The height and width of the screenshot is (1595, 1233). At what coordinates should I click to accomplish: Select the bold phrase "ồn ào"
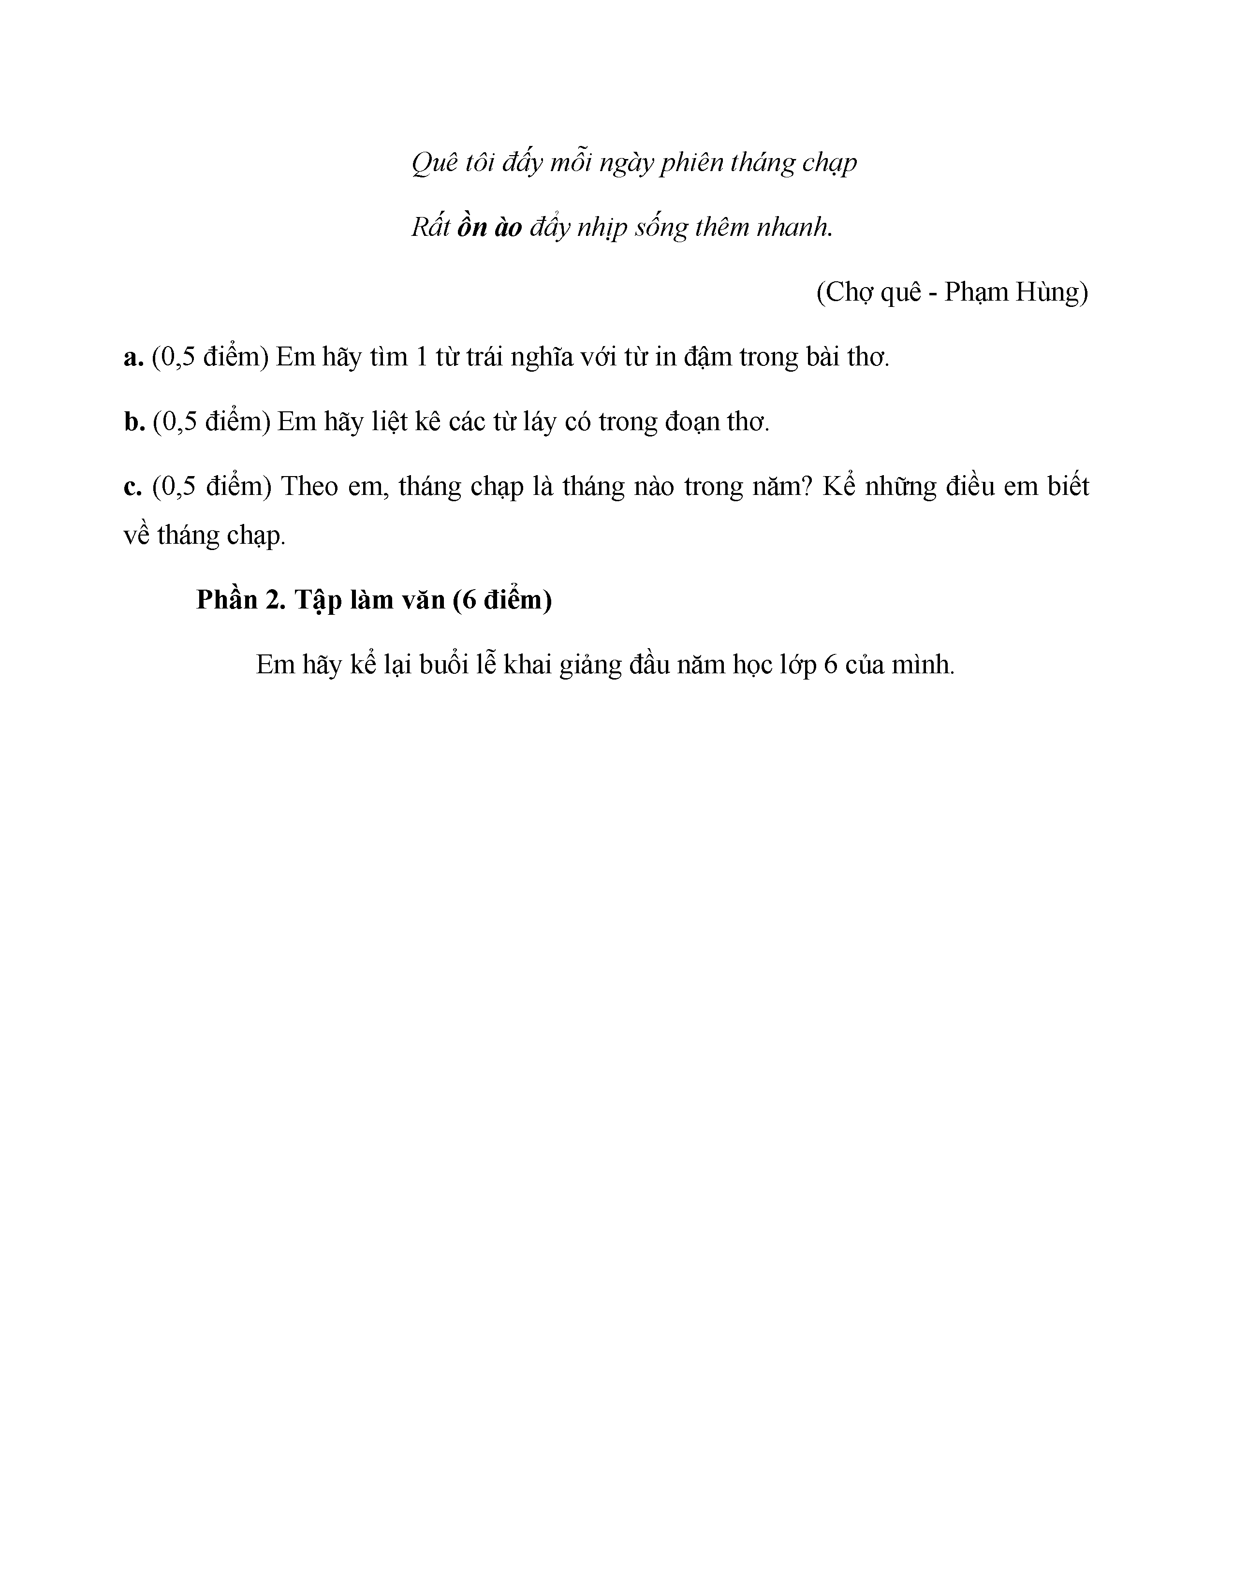point(489,228)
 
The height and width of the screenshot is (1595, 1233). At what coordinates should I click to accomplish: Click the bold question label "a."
point(133,357)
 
